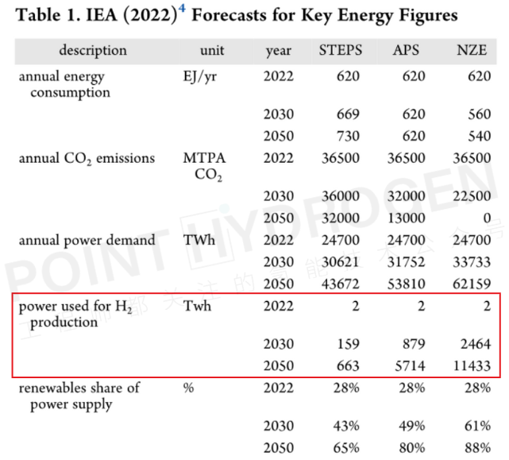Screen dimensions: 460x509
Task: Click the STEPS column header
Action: [340, 50]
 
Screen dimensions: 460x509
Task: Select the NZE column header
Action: [476, 50]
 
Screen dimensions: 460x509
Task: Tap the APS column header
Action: [407, 50]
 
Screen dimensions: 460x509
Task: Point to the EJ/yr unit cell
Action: [199, 77]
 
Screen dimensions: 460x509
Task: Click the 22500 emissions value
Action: [472, 195]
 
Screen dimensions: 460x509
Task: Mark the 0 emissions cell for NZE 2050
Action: [486, 217]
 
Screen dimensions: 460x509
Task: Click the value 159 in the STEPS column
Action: [348, 345]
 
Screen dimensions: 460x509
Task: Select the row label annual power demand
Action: [87, 239]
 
